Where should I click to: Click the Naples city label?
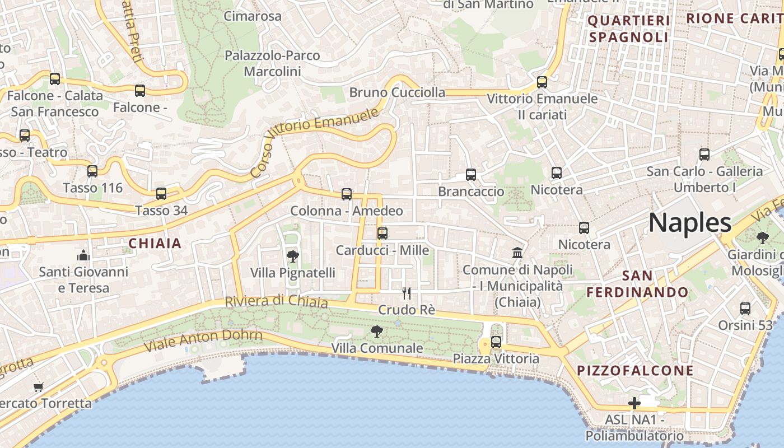pyautogui.click(x=690, y=223)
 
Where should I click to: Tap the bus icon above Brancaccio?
pyautogui.click(x=471, y=175)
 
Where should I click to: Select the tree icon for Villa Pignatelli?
pyautogui.click(x=292, y=256)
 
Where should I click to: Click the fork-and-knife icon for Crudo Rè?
pyautogui.click(x=407, y=293)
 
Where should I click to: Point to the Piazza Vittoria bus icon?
pyautogui.click(x=496, y=342)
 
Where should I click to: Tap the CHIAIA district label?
pyautogui.click(x=155, y=243)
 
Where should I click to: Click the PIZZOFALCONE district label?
pyautogui.click(x=635, y=371)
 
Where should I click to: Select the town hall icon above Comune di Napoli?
pyautogui.click(x=517, y=253)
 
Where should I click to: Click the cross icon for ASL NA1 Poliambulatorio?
pyautogui.click(x=634, y=403)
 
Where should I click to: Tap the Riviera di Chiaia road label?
pyautogui.click(x=276, y=301)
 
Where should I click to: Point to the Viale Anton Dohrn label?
pyautogui.click(x=203, y=340)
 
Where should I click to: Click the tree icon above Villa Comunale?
pyautogui.click(x=377, y=332)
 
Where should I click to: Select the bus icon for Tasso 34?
pyautogui.click(x=161, y=194)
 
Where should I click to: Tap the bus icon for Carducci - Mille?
pyautogui.click(x=382, y=234)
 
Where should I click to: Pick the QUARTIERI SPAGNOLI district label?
pyautogui.click(x=628, y=29)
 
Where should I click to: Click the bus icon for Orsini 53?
pyautogui.click(x=745, y=308)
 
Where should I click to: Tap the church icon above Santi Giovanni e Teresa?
pyautogui.click(x=83, y=255)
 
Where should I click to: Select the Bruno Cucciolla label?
pyautogui.click(x=397, y=92)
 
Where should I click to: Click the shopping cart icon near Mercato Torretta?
pyautogui.click(x=39, y=387)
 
